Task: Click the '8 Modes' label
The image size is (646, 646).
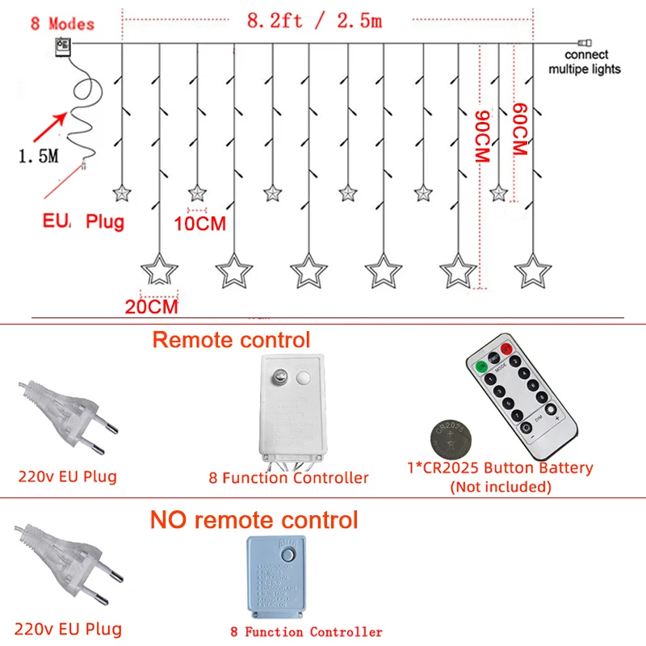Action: (x=62, y=23)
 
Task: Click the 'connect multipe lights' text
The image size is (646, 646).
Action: (x=585, y=62)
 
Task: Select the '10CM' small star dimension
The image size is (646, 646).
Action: (x=199, y=224)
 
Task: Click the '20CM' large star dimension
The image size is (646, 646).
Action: (x=151, y=306)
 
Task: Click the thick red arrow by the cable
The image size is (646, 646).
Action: (x=48, y=128)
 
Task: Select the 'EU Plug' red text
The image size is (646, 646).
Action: (x=84, y=220)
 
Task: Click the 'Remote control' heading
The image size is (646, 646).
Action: (x=231, y=339)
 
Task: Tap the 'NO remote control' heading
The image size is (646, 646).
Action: (x=254, y=518)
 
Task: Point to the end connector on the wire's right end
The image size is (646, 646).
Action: (x=584, y=44)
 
